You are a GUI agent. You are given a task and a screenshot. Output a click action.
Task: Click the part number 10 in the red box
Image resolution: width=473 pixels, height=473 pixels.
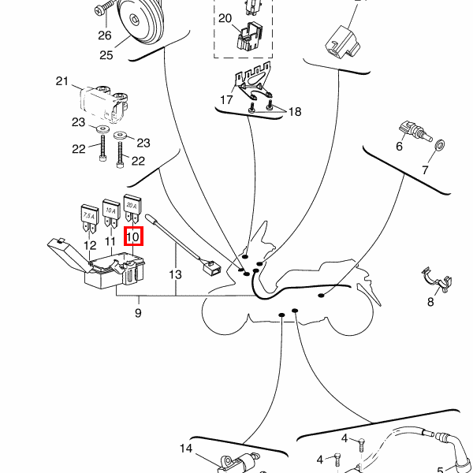click(133, 236)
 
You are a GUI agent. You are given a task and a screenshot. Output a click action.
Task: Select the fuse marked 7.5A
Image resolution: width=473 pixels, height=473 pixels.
click(89, 215)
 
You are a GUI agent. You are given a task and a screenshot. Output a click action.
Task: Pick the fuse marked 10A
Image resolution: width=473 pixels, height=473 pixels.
click(110, 210)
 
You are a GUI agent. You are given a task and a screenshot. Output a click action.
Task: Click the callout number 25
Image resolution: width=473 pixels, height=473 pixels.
click(106, 54)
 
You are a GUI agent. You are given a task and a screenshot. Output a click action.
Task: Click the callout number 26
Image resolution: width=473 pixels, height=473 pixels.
click(105, 35)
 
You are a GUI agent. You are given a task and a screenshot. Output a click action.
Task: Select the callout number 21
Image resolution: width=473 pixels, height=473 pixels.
click(63, 81)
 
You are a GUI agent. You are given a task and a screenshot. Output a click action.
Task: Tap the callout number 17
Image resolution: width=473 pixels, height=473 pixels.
click(226, 100)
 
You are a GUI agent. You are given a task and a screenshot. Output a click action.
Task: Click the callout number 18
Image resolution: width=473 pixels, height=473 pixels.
click(293, 112)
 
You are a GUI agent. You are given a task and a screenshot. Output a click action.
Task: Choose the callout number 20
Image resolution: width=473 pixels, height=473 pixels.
click(225, 18)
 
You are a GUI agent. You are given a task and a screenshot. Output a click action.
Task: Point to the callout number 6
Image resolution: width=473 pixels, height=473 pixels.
click(399, 147)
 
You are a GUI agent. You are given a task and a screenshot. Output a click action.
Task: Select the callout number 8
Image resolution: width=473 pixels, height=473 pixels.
click(430, 301)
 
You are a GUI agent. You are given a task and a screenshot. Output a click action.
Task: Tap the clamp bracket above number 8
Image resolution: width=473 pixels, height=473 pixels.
click(437, 280)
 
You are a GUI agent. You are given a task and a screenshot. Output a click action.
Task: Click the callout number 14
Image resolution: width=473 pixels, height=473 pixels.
click(185, 449)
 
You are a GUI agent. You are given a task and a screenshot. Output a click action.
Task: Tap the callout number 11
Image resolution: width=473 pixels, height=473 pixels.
click(110, 240)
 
